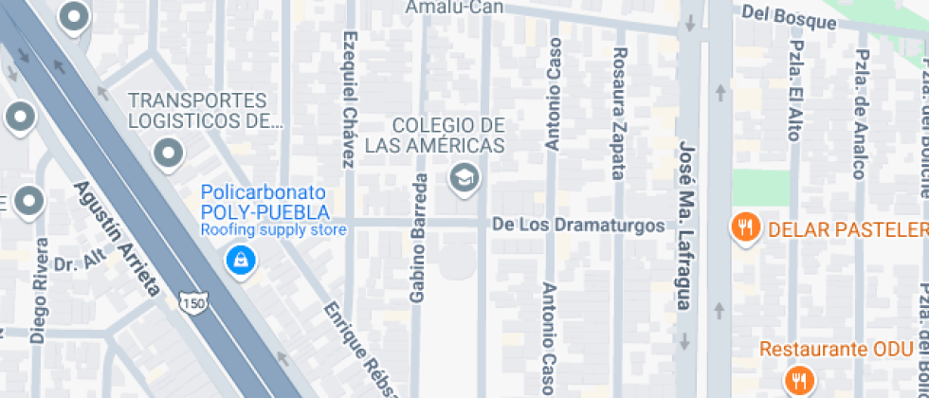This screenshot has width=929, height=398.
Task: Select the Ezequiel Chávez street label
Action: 351,99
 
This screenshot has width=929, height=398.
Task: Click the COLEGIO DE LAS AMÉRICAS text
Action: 448,136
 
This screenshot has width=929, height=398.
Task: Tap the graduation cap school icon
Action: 464,177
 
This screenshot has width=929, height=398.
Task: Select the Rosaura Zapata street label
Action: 618,113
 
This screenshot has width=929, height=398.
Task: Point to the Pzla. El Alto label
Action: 795,91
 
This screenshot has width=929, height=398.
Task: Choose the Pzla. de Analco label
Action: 859,113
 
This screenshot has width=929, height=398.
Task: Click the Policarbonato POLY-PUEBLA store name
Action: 265,201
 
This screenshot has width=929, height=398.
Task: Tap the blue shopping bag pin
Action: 241,259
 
